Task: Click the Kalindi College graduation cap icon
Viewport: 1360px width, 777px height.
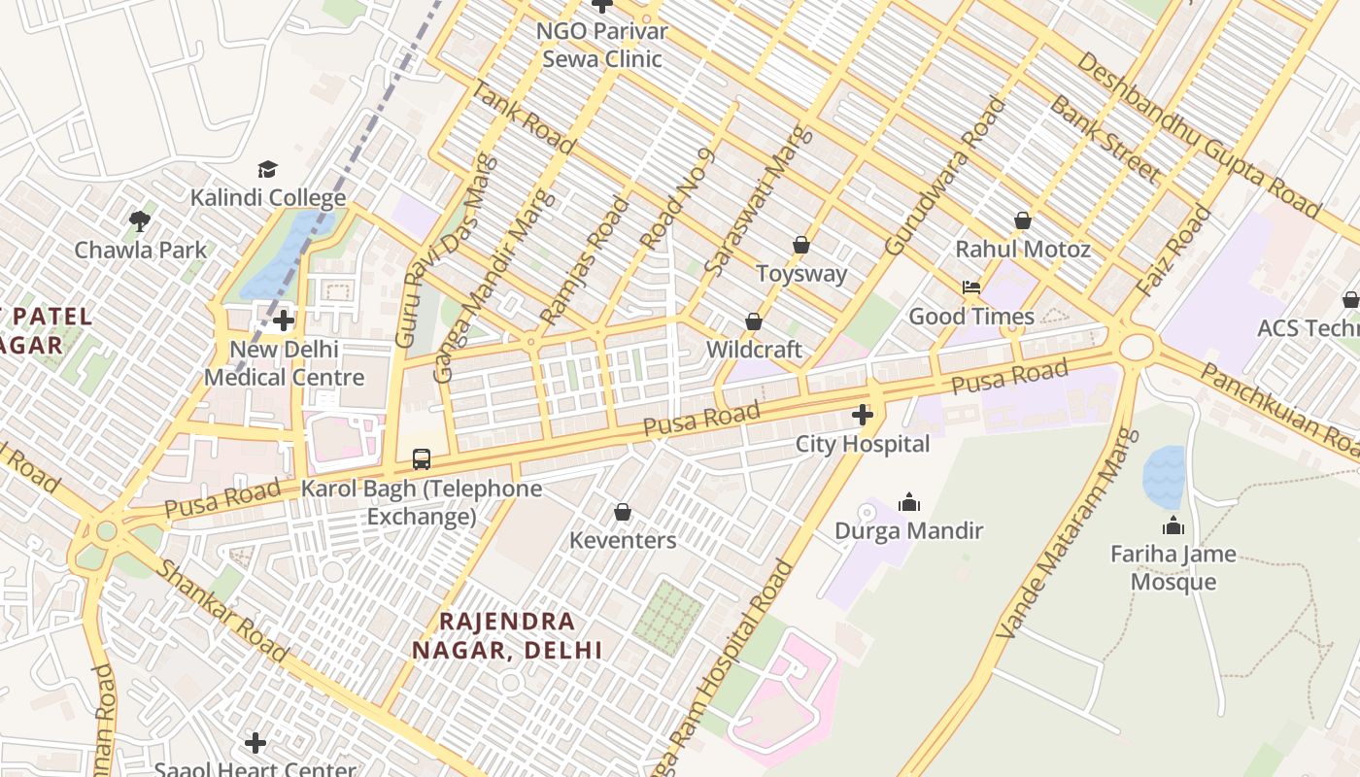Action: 267,169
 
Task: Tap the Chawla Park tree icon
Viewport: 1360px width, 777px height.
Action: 140,220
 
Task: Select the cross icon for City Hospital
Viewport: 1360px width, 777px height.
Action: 862,416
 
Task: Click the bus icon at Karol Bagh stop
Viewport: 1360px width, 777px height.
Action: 422,458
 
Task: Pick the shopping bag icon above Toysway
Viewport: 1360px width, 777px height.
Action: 801,245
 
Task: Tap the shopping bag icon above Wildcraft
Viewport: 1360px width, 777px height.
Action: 754,321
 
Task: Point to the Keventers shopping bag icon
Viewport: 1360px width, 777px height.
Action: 623,511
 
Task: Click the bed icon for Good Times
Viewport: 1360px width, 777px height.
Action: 970,287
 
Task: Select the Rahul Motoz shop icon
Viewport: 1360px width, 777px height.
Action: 1022,220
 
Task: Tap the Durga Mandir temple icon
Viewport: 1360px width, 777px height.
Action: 909,502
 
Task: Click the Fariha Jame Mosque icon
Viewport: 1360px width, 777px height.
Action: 1173,525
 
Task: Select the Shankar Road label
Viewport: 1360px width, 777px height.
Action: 222,610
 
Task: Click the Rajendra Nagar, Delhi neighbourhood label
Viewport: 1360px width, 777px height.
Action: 507,635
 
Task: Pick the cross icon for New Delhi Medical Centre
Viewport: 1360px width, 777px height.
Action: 284,321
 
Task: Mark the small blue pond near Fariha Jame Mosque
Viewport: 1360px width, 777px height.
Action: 1164,477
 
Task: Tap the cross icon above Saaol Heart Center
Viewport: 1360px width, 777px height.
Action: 255,743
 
